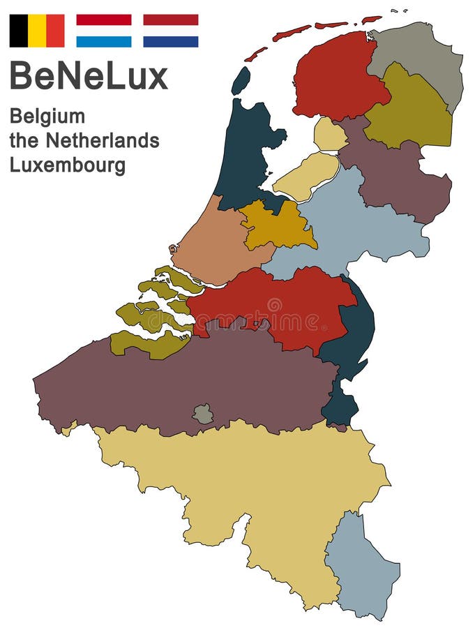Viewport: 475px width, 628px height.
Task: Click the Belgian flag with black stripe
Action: click(x=36, y=31)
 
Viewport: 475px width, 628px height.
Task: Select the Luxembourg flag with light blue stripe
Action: click(x=103, y=31)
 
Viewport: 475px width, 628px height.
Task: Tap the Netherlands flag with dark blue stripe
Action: click(x=170, y=31)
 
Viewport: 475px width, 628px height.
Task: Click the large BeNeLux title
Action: click(x=89, y=75)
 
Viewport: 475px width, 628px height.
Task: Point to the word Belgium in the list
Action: click(x=47, y=117)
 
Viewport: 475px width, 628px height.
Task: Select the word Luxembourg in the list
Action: click(x=68, y=165)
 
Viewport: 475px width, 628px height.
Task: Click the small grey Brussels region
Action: click(x=203, y=414)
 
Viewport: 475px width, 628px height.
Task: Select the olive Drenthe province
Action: click(x=407, y=112)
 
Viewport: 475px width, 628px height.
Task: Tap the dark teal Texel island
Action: click(x=241, y=80)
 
